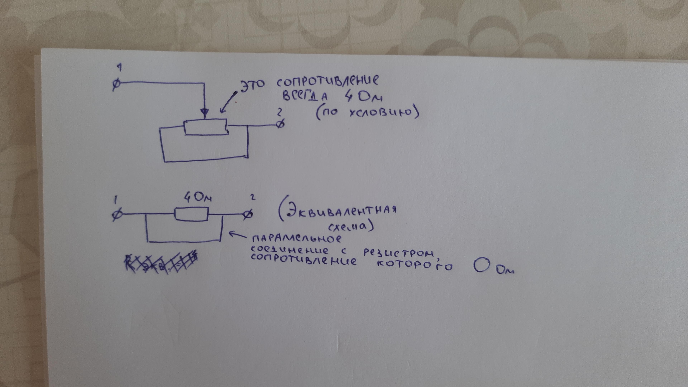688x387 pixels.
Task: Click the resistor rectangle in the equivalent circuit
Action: (x=191, y=214)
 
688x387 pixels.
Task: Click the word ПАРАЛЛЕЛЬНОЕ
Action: (x=297, y=238)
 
